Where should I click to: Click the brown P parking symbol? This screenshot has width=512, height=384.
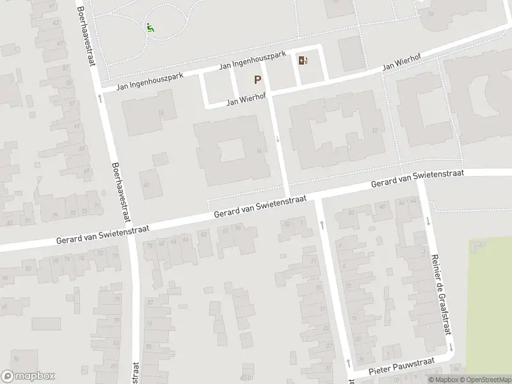pyautogui.click(x=258, y=80)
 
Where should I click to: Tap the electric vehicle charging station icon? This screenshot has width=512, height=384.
pyautogui.click(x=303, y=61)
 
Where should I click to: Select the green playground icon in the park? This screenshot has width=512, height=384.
pyautogui.click(x=150, y=28)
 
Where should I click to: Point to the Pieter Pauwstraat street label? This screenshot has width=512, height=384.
pyautogui.click(x=401, y=367)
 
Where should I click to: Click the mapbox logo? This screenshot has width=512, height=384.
pyautogui.click(x=28, y=376)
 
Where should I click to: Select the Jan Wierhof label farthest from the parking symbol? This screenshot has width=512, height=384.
pyautogui.click(x=404, y=64)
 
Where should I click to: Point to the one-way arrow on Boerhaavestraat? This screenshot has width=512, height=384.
pyautogui.click(x=100, y=99)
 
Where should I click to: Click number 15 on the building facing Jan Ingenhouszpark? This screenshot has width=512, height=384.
pyautogui.click(x=161, y=113)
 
